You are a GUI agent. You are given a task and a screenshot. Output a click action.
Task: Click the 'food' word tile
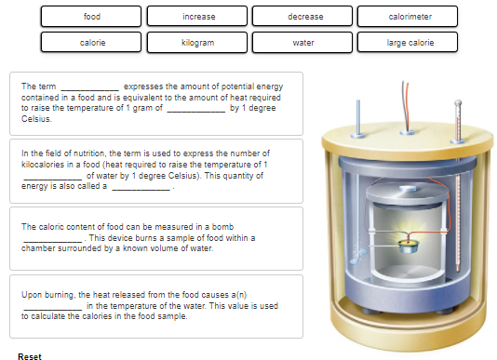pyautogui.click(x=91, y=16)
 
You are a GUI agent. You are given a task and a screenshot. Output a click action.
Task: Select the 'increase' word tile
pyautogui.click(x=197, y=16)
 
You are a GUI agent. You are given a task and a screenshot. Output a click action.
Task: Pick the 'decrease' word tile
pyautogui.click(x=302, y=16)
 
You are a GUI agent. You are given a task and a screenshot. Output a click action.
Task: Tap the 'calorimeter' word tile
pyautogui.click(x=408, y=16)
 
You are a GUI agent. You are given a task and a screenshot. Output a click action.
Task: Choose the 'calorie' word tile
pyautogui.click(x=91, y=42)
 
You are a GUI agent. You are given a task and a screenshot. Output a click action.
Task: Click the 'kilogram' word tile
pyautogui.click(x=197, y=42)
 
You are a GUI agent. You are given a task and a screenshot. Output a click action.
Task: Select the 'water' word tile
pyautogui.click(x=302, y=42)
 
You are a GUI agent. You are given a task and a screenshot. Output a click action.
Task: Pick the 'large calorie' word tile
pyautogui.click(x=408, y=42)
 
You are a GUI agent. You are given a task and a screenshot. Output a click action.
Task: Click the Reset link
pyautogui.click(x=30, y=356)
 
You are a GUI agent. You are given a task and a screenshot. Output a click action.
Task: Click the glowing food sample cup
pyautogui.click(x=409, y=246)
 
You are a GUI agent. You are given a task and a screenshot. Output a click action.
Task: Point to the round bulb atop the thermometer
pyautogui.click(x=458, y=103)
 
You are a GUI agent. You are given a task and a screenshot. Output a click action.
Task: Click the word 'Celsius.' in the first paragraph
pyautogui.click(x=36, y=119)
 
